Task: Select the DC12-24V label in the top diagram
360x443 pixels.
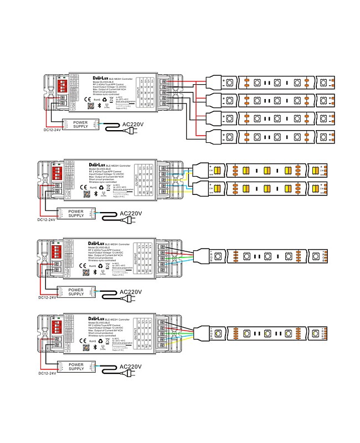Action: point(53,131)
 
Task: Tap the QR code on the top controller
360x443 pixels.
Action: point(91,106)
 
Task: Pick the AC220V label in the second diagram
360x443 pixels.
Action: point(131,213)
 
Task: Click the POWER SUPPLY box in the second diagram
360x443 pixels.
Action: point(76,213)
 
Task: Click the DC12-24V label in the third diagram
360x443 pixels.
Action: point(47,298)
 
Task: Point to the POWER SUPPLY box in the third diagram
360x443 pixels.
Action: point(76,291)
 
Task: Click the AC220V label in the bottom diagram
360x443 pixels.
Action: point(131,367)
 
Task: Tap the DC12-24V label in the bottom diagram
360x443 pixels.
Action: point(47,374)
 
